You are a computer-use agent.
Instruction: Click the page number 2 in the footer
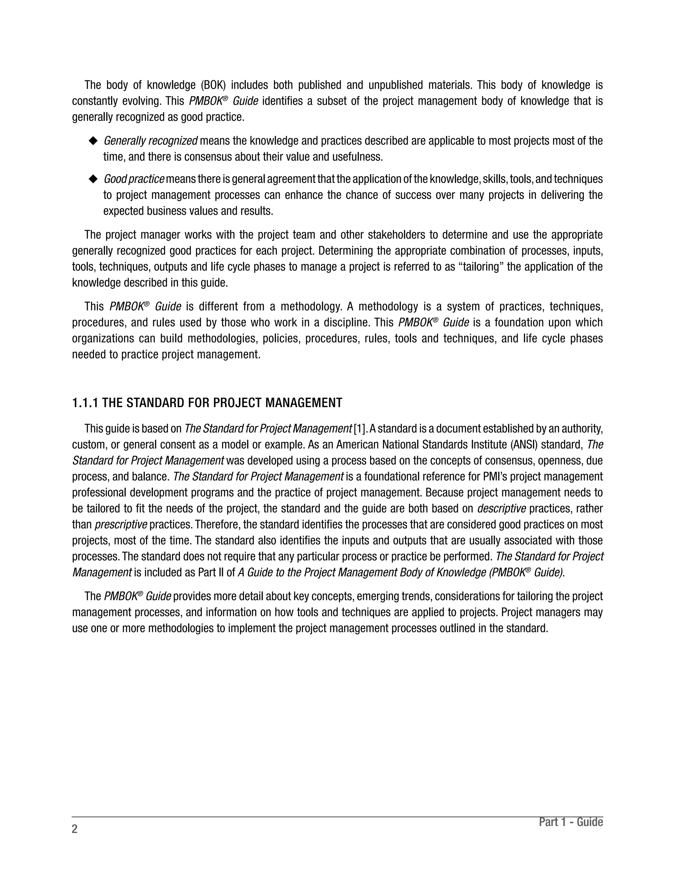(x=75, y=829)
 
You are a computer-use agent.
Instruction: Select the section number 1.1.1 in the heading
(x=85, y=403)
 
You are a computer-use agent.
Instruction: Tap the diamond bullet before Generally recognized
(x=93, y=141)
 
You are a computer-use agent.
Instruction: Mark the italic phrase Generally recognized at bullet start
(x=150, y=141)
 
